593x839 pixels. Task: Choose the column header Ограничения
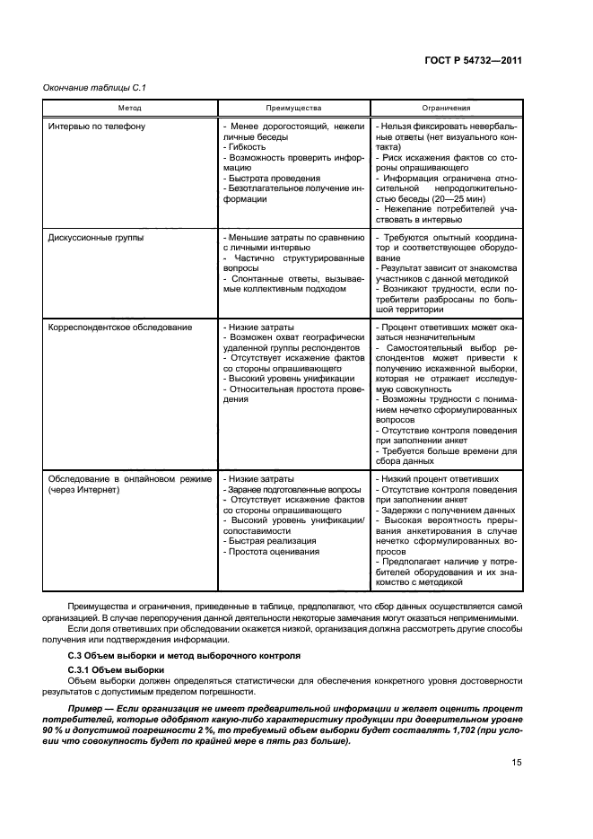[x=447, y=108]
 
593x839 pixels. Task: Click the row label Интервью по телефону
[x=96, y=127]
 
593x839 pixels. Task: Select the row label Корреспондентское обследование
[x=119, y=328]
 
